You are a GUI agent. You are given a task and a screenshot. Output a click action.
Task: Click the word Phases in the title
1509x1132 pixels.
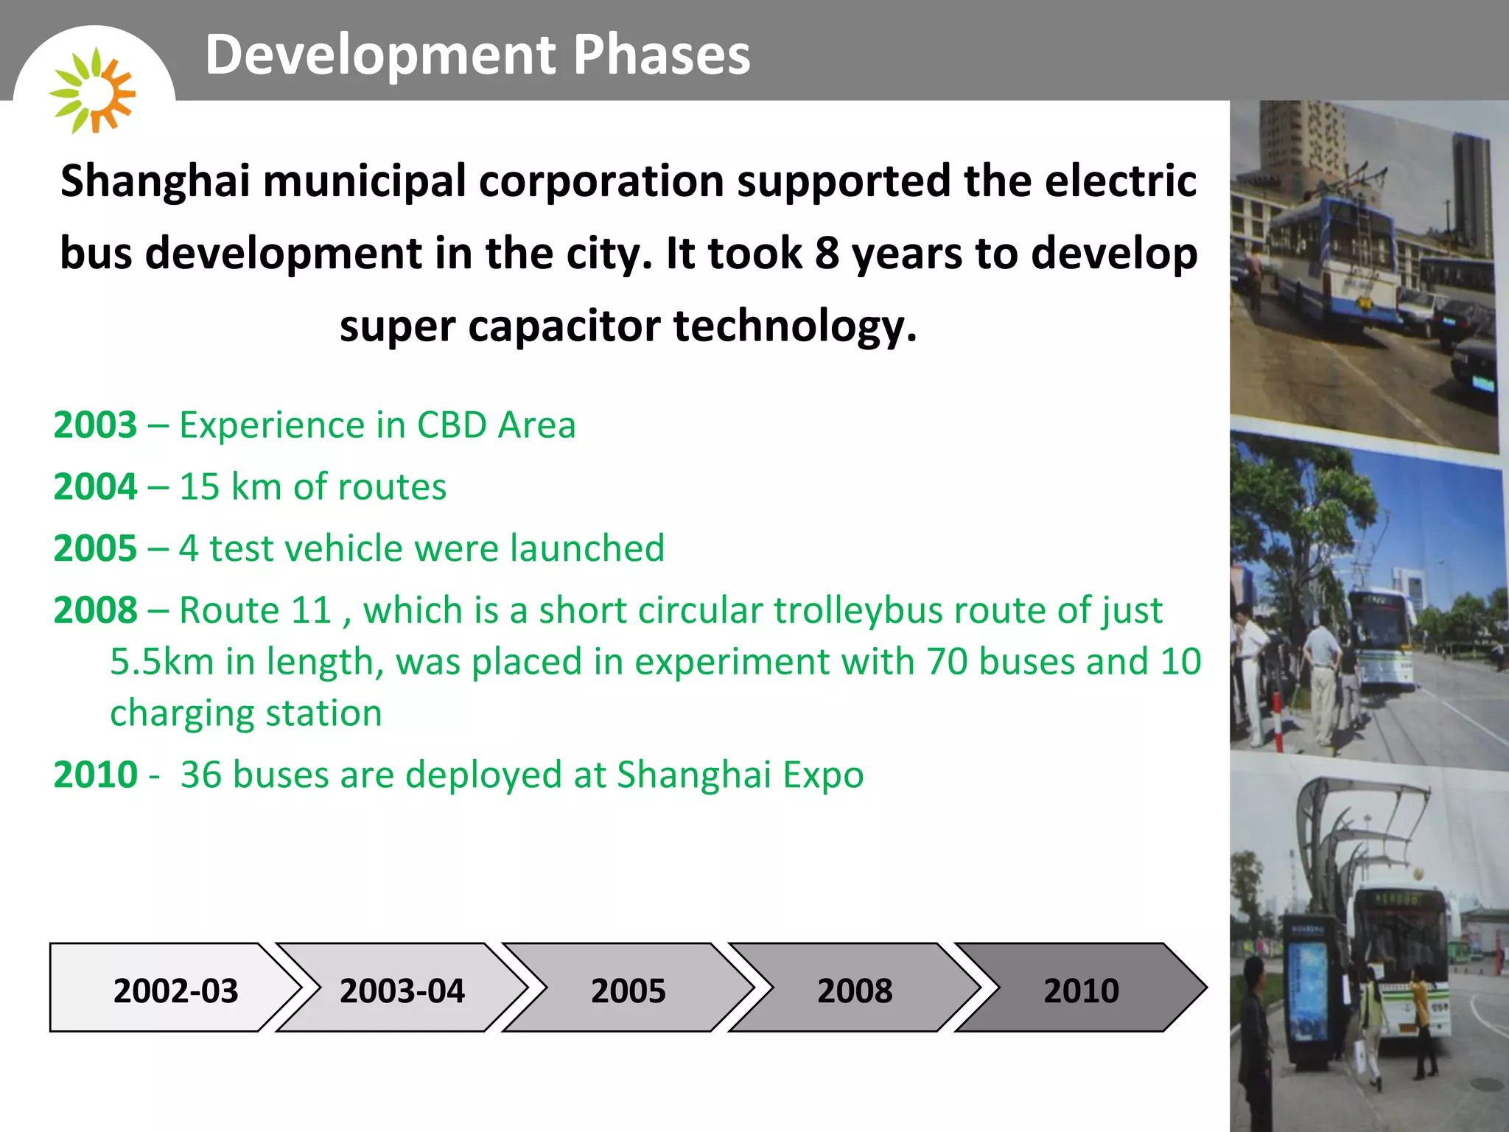[x=662, y=55]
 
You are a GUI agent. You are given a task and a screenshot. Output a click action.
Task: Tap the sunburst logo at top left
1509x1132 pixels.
[x=92, y=91]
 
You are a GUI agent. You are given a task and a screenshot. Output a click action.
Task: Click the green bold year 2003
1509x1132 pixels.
[x=95, y=425]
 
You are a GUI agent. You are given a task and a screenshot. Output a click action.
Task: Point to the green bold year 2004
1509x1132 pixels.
[x=95, y=487]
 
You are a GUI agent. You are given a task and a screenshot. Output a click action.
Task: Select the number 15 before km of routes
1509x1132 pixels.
[x=199, y=487]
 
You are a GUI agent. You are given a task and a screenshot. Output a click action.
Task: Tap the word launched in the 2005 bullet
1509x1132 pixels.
[x=587, y=548]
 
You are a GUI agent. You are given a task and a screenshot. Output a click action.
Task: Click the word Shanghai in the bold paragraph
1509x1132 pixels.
[x=155, y=181]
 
